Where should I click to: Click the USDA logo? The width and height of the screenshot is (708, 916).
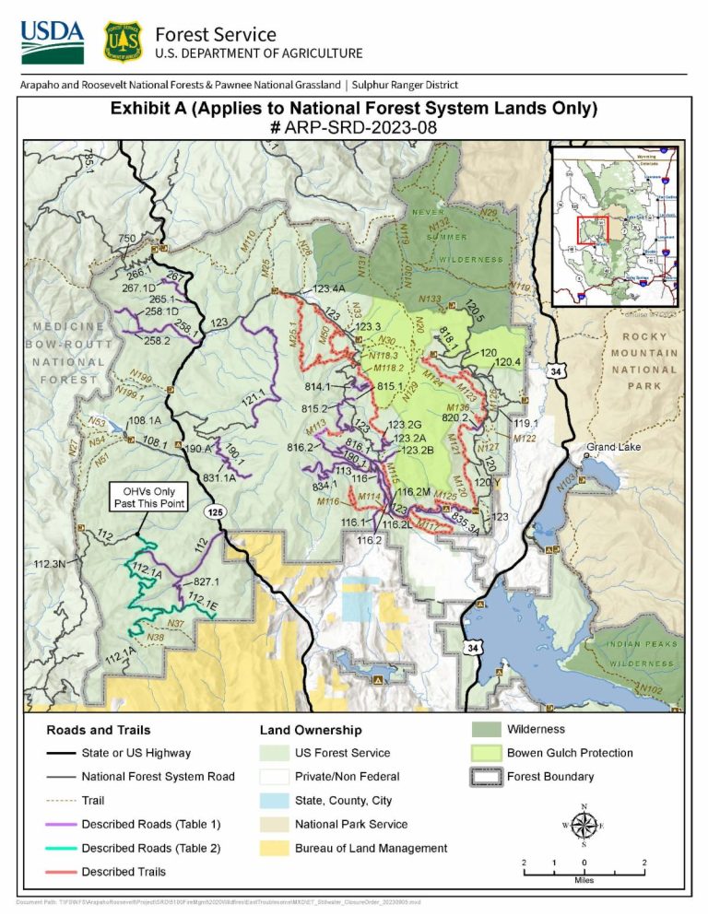tap(52, 41)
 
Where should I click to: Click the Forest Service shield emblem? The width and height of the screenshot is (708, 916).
tap(123, 41)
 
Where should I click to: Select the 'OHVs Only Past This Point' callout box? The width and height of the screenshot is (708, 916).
tap(149, 497)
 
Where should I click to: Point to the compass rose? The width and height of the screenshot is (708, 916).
tap(584, 823)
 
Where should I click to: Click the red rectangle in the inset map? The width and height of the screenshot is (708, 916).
tap(593, 230)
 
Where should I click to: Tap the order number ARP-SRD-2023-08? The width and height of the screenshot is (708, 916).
tap(353, 127)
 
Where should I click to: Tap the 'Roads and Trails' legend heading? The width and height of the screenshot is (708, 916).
tap(99, 730)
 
